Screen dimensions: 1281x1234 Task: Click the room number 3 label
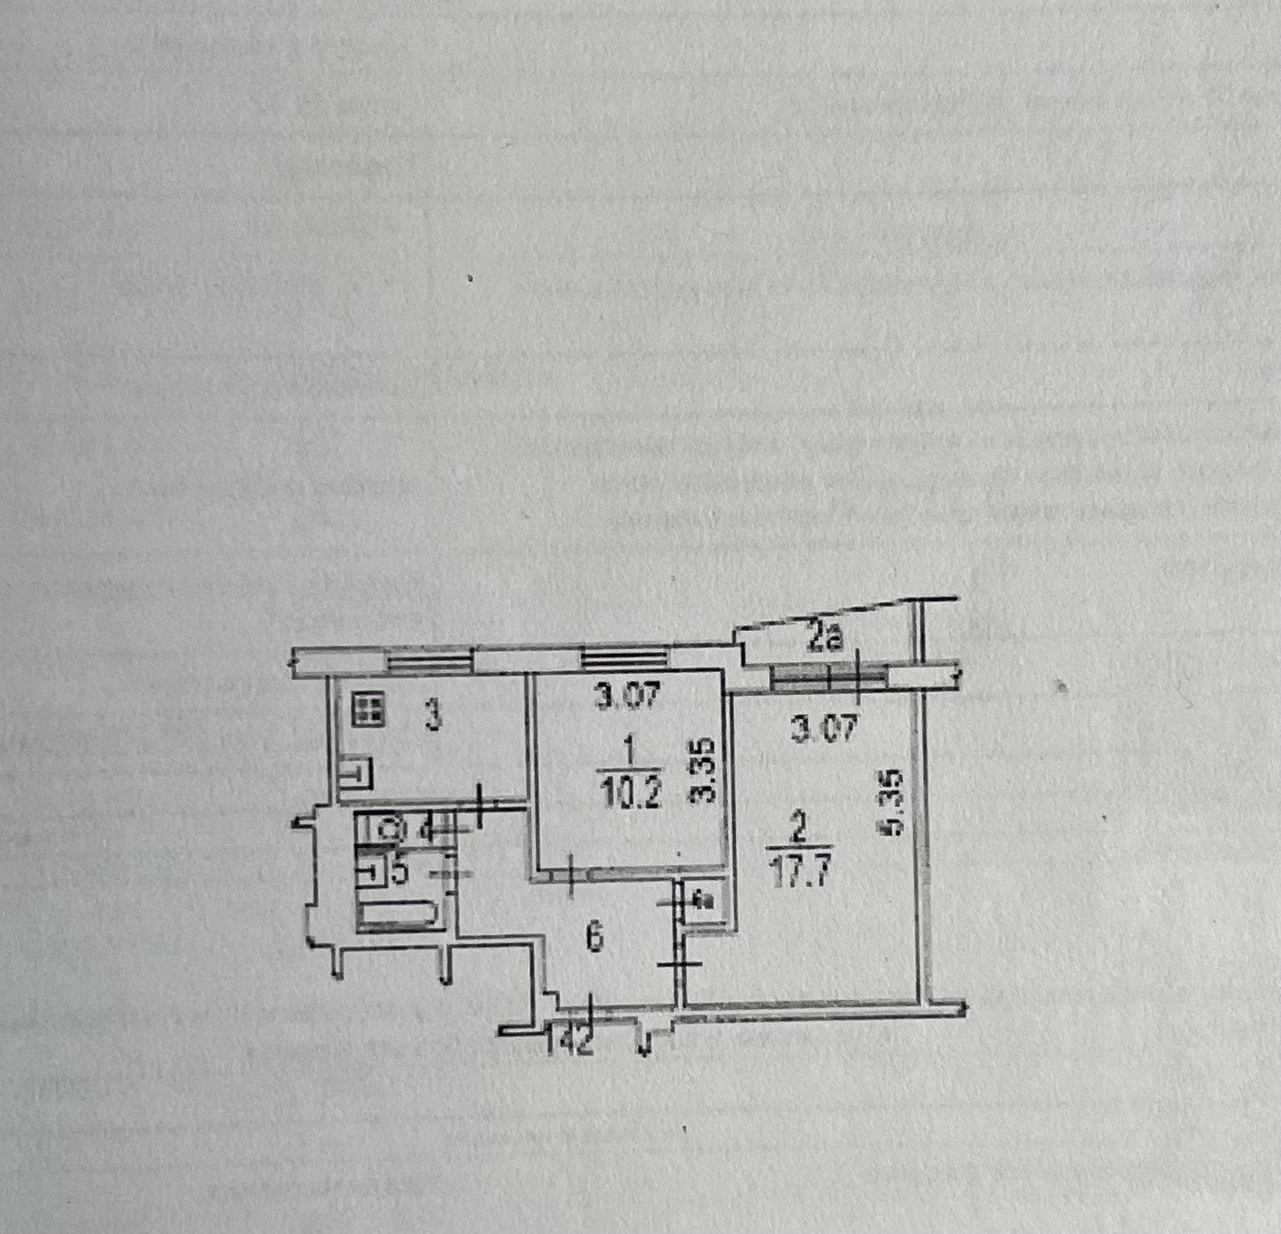tap(435, 717)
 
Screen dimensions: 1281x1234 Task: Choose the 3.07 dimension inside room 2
tap(824, 728)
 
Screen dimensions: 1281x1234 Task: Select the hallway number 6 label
tap(595, 937)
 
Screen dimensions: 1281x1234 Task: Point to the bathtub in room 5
tap(398, 913)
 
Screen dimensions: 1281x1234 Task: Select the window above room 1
tap(624, 660)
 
